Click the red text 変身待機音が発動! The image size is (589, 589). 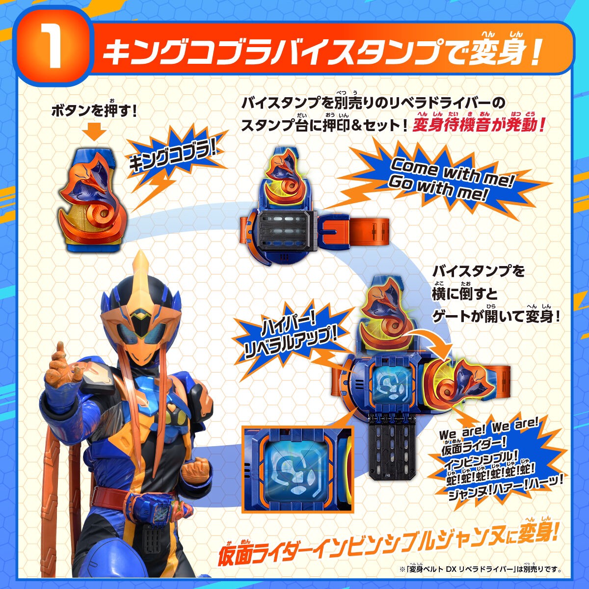[x=479, y=126]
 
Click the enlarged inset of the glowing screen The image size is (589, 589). [x=297, y=466]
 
